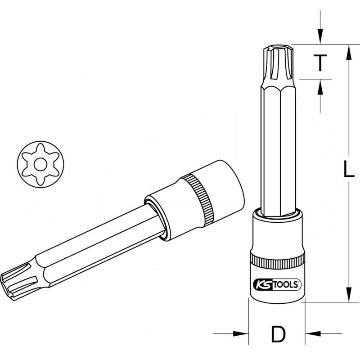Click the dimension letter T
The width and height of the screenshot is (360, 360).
tap(319, 63)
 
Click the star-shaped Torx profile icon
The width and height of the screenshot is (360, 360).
tap(40, 165)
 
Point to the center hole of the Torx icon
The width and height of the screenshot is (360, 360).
tap(40, 165)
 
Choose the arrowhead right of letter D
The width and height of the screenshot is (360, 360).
tap(312, 334)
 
